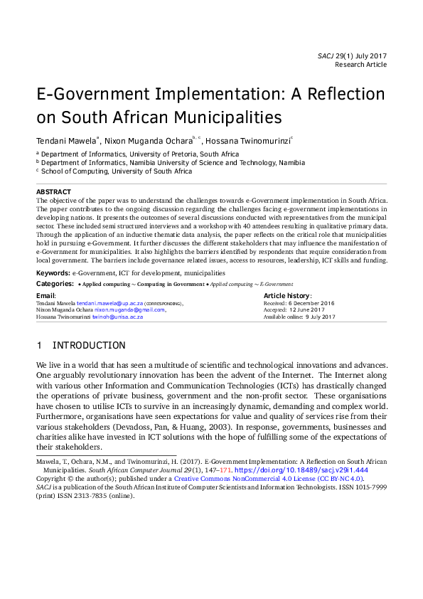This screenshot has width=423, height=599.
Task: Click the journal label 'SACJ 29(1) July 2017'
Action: (352, 55)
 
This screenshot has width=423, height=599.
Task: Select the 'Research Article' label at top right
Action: (361, 65)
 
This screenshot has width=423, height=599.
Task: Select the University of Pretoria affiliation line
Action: (140, 154)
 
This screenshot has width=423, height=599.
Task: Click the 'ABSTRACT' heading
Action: (53, 192)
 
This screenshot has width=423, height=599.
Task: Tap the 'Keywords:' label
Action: (53, 272)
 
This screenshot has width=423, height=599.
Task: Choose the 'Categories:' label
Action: (55, 283)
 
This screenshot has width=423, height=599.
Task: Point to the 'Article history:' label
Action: (287, 295)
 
